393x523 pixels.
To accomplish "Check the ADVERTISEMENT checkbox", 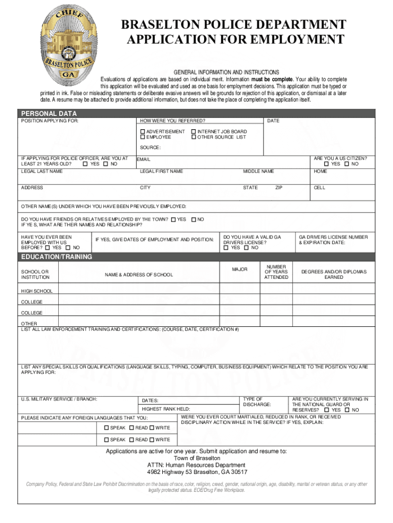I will (x=143, y=132).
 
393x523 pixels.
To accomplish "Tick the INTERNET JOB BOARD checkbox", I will (x=193, y=132).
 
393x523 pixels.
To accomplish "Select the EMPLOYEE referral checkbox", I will (x=143, y=137).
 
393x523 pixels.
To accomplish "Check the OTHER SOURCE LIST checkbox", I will (x=193, y=137).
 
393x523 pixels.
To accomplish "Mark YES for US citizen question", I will (x=327, y=164).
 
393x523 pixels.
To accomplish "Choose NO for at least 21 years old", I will (x=106, y=164).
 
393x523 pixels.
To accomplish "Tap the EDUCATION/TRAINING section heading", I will (x=56, y=257).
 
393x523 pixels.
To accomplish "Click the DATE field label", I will (x=273, y=121).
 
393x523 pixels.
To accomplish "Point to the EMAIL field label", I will (x=143, y=160).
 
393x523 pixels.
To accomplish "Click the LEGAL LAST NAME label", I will (x=42, y=171).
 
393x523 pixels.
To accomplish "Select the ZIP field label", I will (x=279, y=188).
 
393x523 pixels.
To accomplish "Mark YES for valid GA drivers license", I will (x=226, y=248).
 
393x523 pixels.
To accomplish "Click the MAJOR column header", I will (x=239, y=269).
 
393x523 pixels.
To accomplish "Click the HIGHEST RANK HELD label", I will (x=165, y=409).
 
